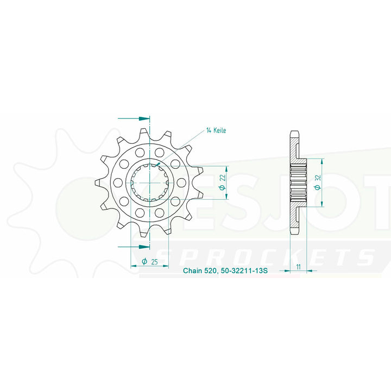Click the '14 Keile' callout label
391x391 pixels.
click(x=216, y=131)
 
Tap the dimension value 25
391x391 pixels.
click(x=154, y=262)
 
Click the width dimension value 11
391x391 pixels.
click(x=299, y=266)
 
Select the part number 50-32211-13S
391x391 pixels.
click(x=244, y=270)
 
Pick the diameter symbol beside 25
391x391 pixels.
click(x=144, y=262)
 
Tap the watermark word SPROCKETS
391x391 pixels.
click(x=266, y=257)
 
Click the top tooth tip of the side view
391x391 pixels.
click(x=294, y=133)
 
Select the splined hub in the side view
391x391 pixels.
click(x=299, y=182)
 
